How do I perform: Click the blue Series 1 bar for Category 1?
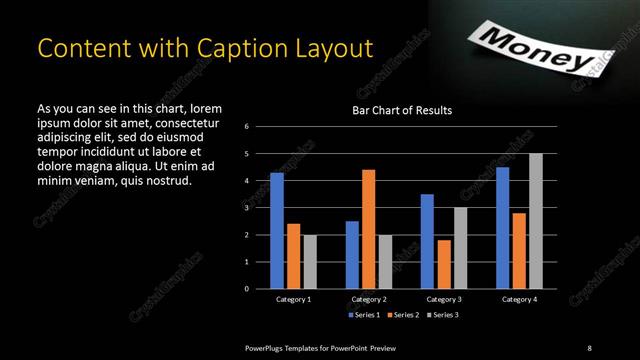[277, 231]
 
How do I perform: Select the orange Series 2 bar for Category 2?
[368, 229]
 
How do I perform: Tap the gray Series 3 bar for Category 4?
[536, 221]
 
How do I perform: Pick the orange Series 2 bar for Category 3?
[443, 264]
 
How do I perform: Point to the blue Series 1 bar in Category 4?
[502, 228]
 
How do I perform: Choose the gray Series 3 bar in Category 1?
[310, 261]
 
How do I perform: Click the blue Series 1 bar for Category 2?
[352, 255]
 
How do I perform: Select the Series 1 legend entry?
[363, 315]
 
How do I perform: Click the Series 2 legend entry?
[404, 315]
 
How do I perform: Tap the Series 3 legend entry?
[444, 315]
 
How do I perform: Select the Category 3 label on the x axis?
[443, 299]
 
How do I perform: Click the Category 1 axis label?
[294, 299]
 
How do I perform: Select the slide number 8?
[589, 347]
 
